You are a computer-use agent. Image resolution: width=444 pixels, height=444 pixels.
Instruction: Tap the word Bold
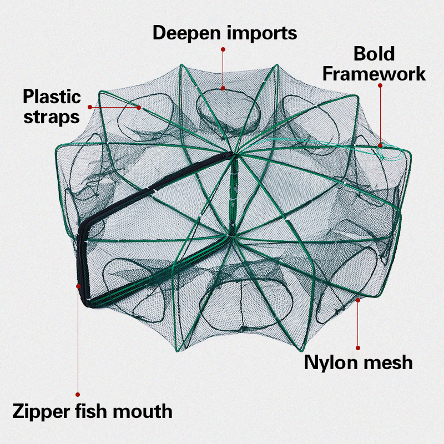(x=374, y=54)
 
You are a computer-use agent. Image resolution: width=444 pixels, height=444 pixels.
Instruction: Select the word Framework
(x=375, y=73)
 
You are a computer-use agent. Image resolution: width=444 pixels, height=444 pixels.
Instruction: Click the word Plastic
(x=52, y=97)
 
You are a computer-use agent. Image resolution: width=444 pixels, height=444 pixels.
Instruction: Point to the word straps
(x=52, y=117)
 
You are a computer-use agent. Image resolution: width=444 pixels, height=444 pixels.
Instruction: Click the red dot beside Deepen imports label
(x=223, y=49)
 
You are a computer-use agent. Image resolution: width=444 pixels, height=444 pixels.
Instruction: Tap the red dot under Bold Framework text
(x=380, y=85)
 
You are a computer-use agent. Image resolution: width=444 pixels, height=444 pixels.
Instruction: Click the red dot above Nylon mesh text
(x=359, y=348)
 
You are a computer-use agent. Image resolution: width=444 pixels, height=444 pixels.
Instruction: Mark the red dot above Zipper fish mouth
(x=78, y=395)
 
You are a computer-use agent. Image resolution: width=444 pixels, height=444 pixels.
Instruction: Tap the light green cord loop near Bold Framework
(x=389, y=153)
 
